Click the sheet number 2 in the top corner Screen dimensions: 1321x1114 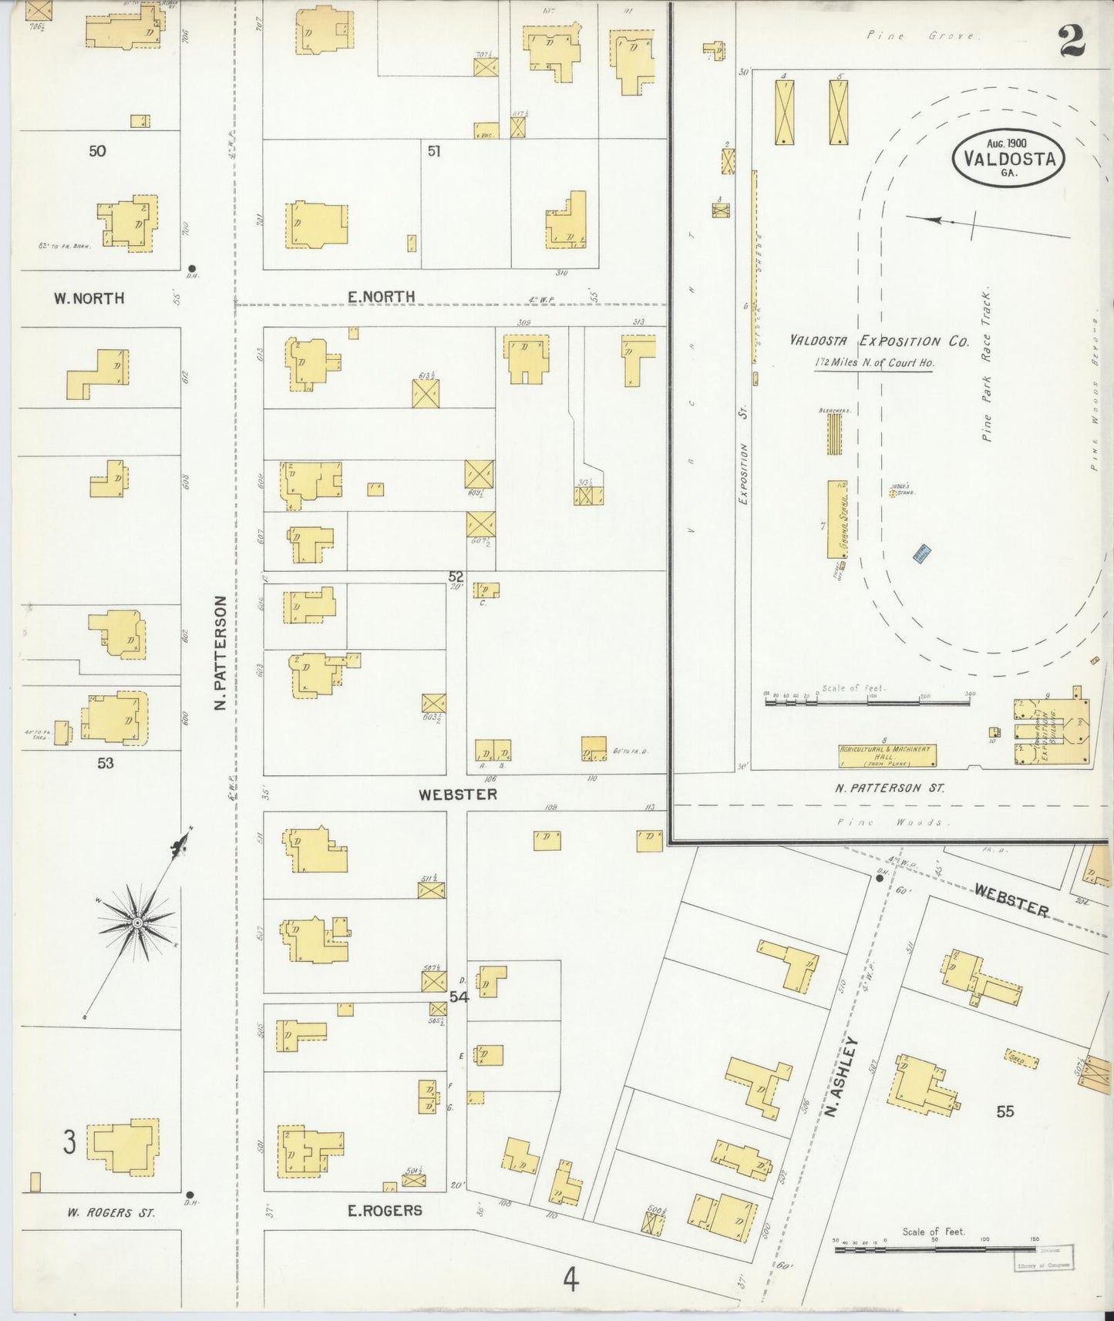click(1072, 40)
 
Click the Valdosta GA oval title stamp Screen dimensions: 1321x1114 click(1008, 158)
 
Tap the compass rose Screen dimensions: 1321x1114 click(137, 922)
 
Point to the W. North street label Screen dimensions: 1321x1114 click(89, 298)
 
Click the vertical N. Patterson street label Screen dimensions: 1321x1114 click(220, 652)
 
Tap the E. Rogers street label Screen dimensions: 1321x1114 click(385, 1210)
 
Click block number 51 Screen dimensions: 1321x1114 click(434, 152)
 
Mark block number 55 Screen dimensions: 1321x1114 click(1005, 1111)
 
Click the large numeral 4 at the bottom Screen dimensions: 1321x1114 click(570, 1279)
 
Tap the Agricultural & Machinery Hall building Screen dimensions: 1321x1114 click(887, 755)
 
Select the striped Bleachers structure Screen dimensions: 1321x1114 click(834, 434)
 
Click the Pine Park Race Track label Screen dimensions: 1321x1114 click(987, 365)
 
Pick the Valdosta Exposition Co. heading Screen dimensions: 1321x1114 click(878, 341)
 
